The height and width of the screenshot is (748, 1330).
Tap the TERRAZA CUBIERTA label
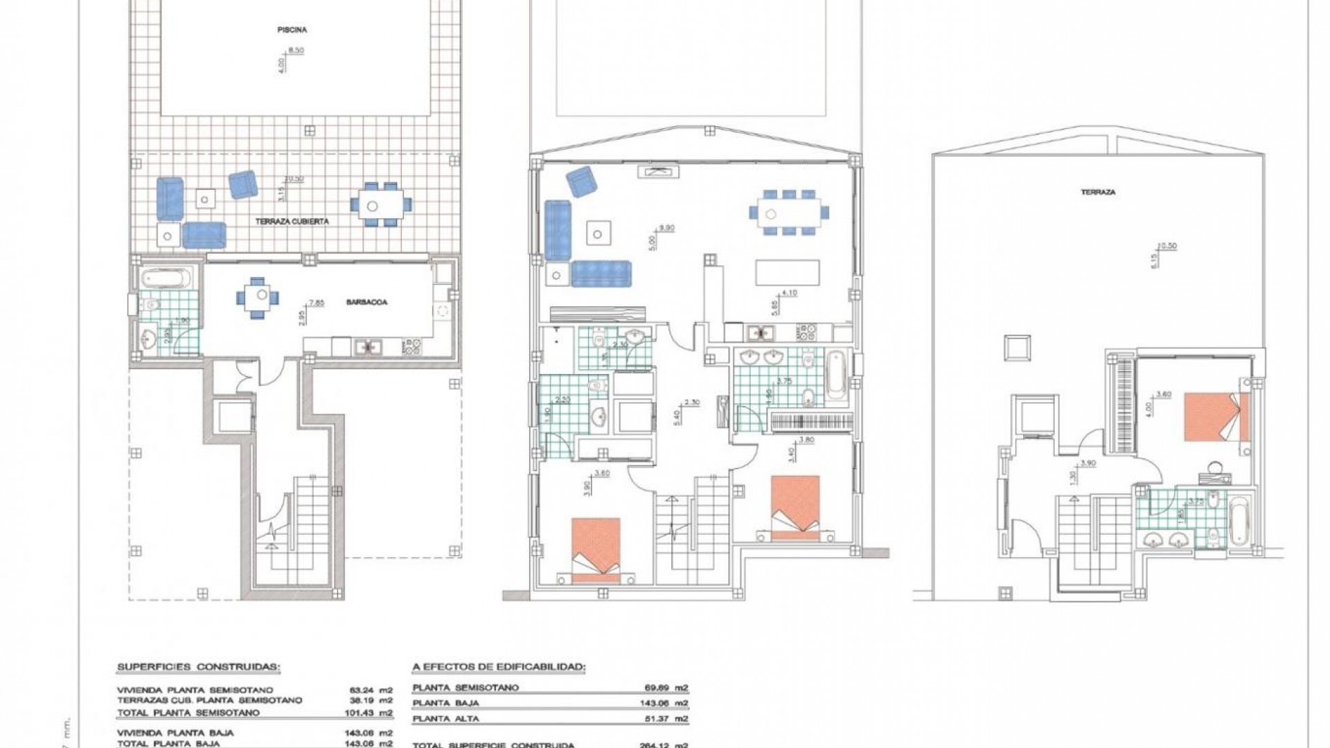[292, 222]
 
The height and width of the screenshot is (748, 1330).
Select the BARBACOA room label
[368, 303]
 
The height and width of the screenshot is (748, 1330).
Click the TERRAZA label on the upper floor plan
[1098, 192]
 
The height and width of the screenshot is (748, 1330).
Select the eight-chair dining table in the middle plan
[788, 213]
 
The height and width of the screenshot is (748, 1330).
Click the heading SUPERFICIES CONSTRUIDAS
[199, 668]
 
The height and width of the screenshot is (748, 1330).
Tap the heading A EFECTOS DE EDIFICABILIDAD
[499, 668]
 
